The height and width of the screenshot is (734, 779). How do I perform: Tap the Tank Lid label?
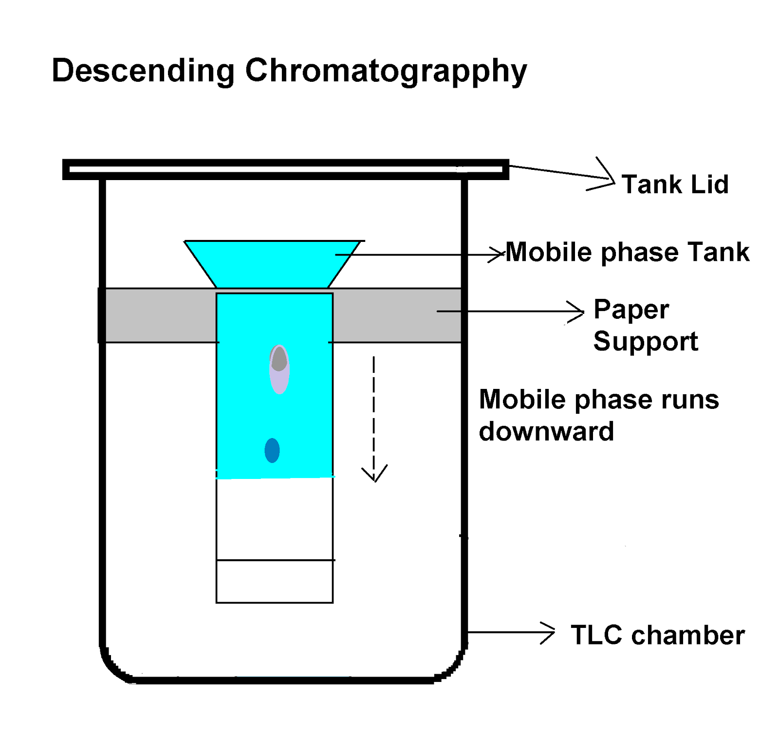[675, 184]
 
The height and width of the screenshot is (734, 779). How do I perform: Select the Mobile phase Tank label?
[627, 252]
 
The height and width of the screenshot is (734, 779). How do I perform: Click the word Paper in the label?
[631, 310]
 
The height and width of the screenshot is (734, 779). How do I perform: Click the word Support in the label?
[646, 341]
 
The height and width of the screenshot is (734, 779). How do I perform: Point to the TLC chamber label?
[657, 635]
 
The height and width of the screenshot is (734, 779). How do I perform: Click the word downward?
[546, 432]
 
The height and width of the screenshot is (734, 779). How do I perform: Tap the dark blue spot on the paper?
[272, 450]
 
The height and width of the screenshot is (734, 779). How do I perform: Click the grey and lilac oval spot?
[279, 369]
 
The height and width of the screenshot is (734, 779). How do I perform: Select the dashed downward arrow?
[374, 419]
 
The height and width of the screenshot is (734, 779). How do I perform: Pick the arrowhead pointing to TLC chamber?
[549, 633]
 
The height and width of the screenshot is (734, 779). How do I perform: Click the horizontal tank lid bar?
[285, 169]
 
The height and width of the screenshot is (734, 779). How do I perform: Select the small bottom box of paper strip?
[275, 582]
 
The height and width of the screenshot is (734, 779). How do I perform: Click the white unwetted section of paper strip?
[275, 518]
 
